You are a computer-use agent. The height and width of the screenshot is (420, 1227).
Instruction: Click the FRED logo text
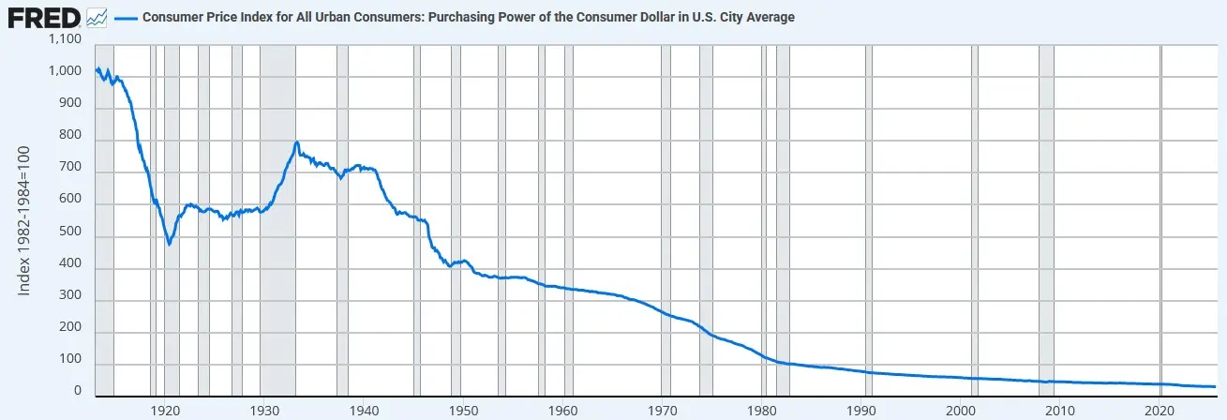click(43, 16)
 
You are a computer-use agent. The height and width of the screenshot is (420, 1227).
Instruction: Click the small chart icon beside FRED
click(97, 17)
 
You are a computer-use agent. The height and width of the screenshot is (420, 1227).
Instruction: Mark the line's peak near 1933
click(297, 142)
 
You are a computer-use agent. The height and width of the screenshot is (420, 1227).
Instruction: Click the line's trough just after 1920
click(170, 244)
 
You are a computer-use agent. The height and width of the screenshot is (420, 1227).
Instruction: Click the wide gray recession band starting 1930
click(277, 281)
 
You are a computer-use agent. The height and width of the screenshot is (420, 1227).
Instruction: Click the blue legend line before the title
click(125, 17)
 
